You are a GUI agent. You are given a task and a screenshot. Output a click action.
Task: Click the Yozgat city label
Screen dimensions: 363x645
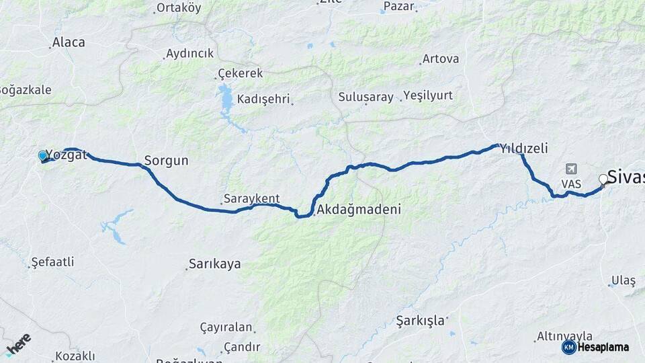[67, 155]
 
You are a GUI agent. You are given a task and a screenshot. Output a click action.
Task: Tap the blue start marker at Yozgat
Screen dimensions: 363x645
[43, 156]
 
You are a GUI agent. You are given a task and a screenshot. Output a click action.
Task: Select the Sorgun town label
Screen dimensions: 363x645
[166, 161]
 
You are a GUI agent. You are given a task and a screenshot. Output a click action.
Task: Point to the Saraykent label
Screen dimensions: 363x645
[251, 199]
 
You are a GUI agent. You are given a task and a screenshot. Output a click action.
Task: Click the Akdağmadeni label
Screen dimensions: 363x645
[359, 209]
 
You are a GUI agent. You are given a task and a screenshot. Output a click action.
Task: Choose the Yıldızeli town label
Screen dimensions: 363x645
[524, 149]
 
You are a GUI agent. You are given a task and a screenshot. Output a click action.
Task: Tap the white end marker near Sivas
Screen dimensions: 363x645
[603, 179]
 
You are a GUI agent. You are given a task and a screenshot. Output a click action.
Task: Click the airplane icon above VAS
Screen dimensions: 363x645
[572, 168]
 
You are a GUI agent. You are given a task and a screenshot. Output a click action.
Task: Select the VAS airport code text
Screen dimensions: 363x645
[571, 183]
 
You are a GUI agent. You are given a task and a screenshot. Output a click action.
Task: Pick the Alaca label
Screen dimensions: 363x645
[69, 42]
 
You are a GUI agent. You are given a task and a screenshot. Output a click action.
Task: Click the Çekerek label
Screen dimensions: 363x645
[241, 73]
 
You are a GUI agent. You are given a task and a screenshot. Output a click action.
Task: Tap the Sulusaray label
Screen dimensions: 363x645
[365, 97]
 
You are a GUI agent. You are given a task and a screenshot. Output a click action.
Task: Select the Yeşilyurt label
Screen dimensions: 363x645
[428, 95]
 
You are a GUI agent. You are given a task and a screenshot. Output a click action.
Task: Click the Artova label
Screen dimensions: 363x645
[441, 59]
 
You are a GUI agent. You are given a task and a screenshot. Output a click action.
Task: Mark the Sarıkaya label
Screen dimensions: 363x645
[214, 264]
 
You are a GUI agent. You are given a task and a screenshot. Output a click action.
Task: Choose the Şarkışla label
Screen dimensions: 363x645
[421, 319]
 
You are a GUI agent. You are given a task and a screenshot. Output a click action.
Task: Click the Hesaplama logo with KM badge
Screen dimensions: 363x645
[595, 347]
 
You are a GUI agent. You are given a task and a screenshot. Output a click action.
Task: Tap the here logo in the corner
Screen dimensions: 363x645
[18, 345]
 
